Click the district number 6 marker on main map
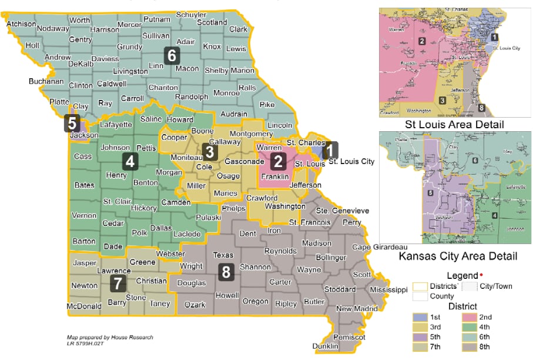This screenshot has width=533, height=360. click(172, 55)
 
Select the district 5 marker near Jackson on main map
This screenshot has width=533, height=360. click(72, 123)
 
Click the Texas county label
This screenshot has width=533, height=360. click(223, 255)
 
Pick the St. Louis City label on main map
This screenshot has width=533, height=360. click(351, 161)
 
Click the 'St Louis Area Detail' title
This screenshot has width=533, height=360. click(454, 125)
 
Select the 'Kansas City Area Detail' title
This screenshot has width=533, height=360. click(458, 256)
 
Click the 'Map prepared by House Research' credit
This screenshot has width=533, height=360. click(110, 337)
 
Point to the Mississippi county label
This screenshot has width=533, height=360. click(388, 289)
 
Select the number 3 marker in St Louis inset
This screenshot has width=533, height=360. click(441, 101)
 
